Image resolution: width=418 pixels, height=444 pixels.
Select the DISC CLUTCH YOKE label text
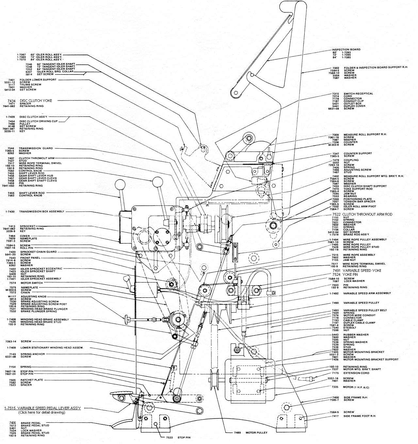coord(36,101)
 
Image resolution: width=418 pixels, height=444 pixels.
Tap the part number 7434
coord(11,101)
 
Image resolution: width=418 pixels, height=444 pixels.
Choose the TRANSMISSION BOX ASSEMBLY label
coord(41,212)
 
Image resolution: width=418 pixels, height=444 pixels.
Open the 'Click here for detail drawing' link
coord(42,412)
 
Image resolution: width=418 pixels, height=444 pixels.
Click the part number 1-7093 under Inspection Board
coord(346,52)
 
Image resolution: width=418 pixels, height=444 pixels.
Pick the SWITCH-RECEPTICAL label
coord(358,94)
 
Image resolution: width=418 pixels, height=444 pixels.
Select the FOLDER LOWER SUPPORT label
coord(38,80)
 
